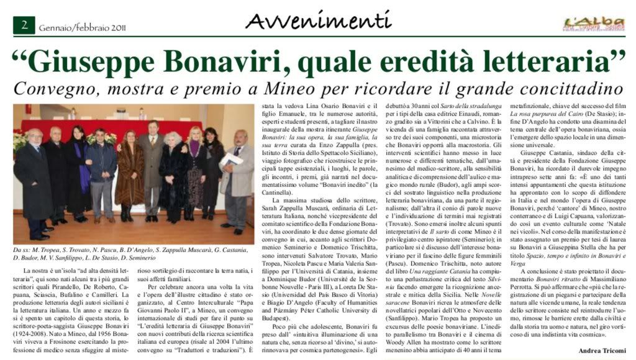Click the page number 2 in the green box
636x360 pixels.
coord(24,25)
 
